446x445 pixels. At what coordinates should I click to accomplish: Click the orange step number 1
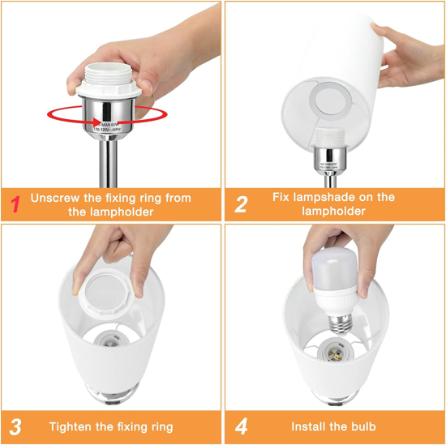(x=14, y=203)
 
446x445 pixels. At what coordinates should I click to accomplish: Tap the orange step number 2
(x=241, y=203)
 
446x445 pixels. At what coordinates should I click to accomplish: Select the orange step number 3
(x=15, y=426)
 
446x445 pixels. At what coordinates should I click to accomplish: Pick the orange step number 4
(x=242, y=426)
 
